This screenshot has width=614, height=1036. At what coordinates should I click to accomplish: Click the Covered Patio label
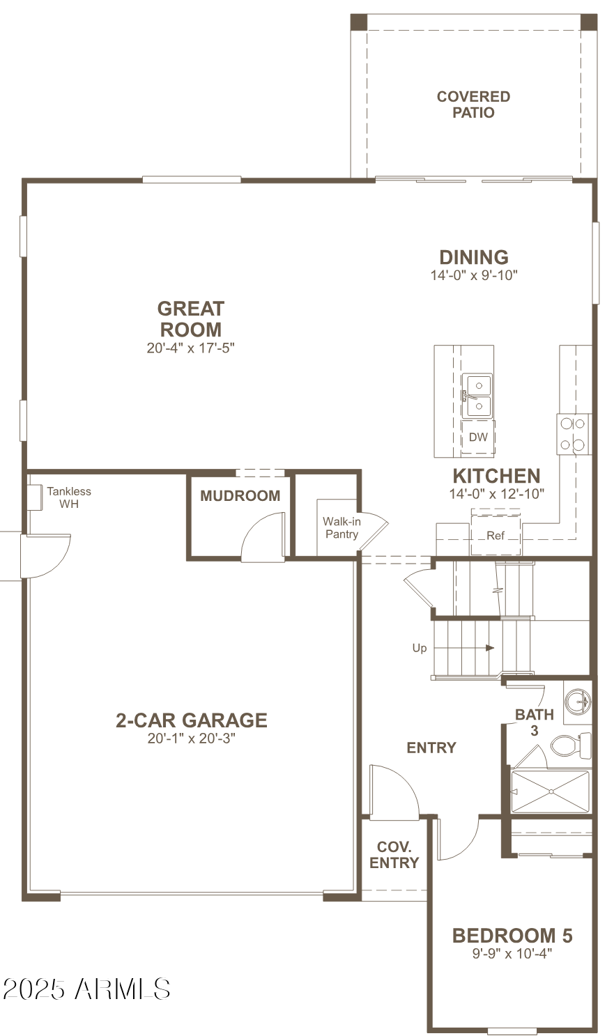pos(473,105)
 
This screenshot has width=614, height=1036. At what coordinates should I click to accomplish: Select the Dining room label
pos(473,257)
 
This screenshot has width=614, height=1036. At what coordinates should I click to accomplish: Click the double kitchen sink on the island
pos(477,395)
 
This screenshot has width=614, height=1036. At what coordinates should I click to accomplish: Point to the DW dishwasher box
pos(478,438)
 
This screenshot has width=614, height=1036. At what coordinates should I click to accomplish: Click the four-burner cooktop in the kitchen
pos(573,433)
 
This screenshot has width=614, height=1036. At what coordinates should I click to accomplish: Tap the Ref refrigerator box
pos(496,535)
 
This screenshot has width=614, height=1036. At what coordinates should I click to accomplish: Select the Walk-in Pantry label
pos(341,528)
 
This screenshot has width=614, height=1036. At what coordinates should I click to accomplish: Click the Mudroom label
pos(240,496)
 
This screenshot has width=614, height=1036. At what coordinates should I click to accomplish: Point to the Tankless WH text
pos(69,497)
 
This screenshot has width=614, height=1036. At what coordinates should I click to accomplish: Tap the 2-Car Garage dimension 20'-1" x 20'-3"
pos(192,739)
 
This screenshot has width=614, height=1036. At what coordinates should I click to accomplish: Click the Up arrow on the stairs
pos(490,648)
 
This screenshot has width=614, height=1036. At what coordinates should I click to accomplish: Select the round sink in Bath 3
pos(577,700)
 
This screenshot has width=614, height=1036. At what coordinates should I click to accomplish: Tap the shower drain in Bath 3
pos(551,791)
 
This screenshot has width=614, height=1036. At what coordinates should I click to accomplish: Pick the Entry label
pos(431,748)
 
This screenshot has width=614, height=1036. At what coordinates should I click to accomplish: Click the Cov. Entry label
pos(394,855)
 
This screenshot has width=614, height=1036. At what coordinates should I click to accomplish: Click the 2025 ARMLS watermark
pos(86,989)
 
